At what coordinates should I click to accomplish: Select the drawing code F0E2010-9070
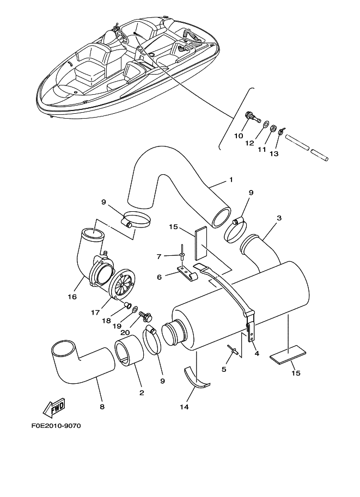click(52, 426)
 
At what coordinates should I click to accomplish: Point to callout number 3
click(278, 218)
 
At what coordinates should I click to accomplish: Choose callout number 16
click(72, 297)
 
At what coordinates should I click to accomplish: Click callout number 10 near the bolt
click(238, 136)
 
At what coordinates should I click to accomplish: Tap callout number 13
click(273, 154)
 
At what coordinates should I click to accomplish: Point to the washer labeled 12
click(265, 125)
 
